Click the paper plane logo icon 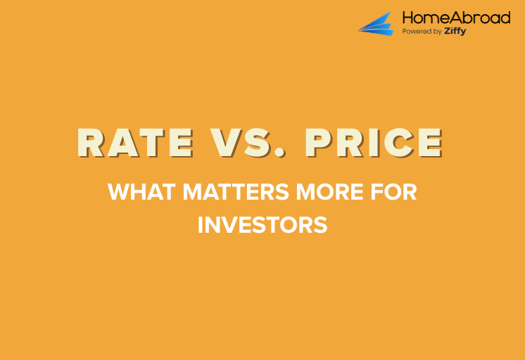(378, 23)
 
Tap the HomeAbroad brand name (455, 18)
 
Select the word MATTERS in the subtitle (224, 192)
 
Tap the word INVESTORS (262, 225)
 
